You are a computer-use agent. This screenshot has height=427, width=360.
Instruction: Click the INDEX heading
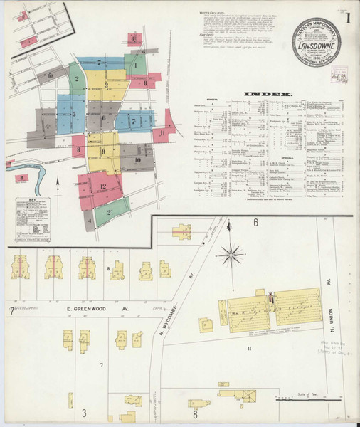point(267,93)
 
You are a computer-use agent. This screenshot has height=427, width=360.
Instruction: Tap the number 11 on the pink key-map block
point(162,132)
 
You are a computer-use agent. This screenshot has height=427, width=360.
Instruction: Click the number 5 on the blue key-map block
point(73,114)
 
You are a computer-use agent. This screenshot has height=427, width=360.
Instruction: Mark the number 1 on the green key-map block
point(134,66)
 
